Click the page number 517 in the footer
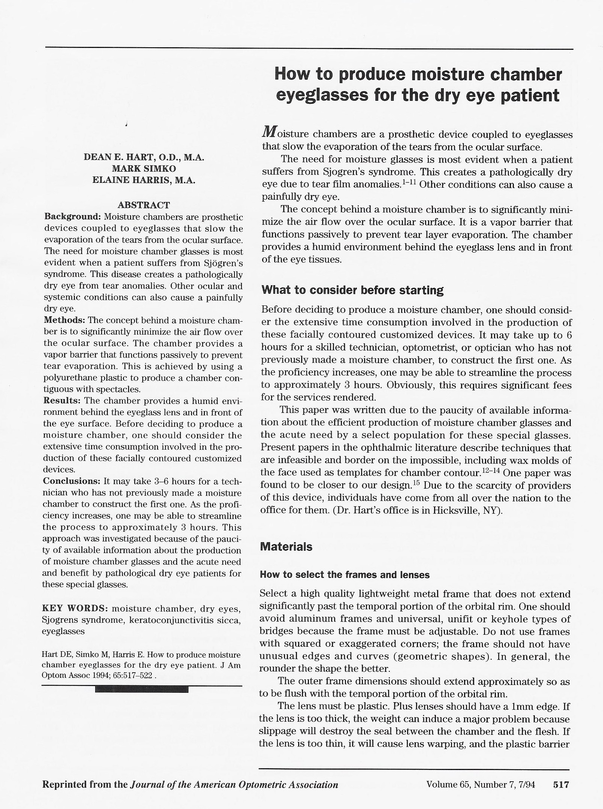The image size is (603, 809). (561, 784)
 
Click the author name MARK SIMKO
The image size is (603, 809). (144, 169)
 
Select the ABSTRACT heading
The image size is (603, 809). (144, 205)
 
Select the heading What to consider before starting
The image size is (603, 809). (352, 290)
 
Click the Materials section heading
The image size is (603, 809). (286, 547)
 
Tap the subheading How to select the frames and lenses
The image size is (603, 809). (345, 575)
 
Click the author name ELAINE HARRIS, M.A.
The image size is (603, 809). (144, 180)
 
